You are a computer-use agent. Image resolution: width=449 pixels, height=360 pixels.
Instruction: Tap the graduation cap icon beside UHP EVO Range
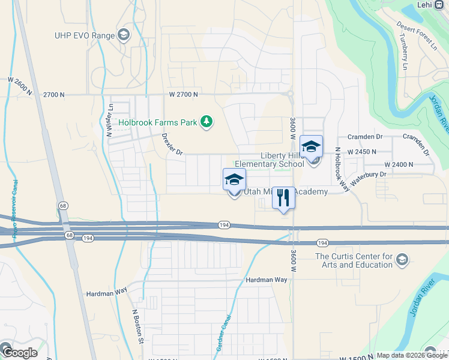[124, 34]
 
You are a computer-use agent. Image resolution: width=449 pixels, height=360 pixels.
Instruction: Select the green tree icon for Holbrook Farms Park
[206, 122]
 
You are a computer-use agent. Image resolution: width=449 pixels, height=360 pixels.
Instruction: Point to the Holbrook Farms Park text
[158, 122]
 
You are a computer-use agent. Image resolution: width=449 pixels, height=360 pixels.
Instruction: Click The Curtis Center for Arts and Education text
[354, 260]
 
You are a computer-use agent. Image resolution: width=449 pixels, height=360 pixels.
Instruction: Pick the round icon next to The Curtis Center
[402, 260]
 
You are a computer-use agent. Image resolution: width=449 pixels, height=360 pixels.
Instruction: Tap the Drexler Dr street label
[172, 144]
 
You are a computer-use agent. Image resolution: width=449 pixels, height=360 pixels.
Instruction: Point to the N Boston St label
[137, 327]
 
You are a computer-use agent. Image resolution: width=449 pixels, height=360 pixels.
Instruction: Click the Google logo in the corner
[20, 352]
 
